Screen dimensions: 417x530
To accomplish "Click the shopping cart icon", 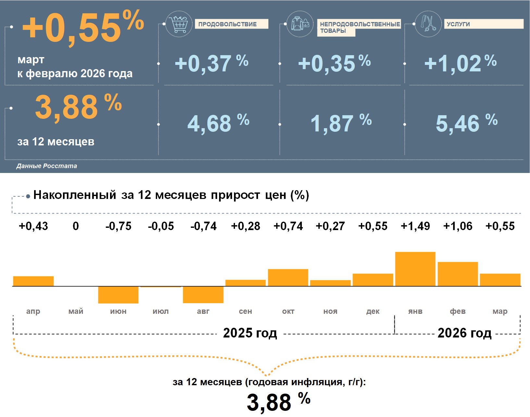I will (x=179, y=24).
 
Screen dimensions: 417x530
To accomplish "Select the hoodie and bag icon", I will (x=300, y=24).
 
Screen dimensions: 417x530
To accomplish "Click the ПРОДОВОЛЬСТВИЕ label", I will (x=231, y=24).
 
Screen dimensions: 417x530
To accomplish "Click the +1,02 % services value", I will (x=460, y=63).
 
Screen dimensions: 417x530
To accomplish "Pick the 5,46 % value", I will (x=466, y=123).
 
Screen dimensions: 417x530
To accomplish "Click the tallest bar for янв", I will (x=415, y=269).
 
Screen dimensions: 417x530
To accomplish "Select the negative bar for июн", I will (x=118, y=295).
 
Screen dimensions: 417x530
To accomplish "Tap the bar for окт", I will (x=288, y=277).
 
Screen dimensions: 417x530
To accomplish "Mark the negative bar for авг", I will (x=203, y=295).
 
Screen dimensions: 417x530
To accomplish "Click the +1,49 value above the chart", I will (x=415, y=226).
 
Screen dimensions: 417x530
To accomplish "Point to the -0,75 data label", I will (x=118, y=226).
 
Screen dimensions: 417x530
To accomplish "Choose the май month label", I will (x=76, y=312).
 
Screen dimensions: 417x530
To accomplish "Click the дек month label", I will (x=373, y=312).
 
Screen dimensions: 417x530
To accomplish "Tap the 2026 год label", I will (x=464, y=333).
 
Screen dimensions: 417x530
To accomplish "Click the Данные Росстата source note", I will (x=47, y=166).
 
